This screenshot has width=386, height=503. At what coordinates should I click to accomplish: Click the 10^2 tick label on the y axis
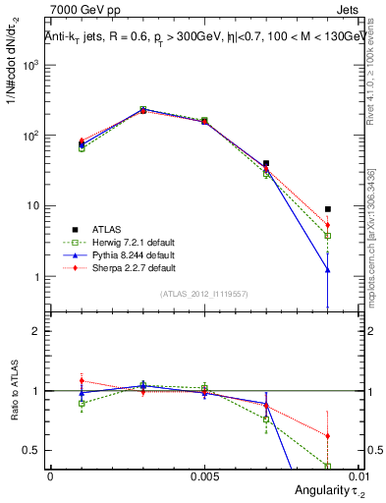pos(31,136)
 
